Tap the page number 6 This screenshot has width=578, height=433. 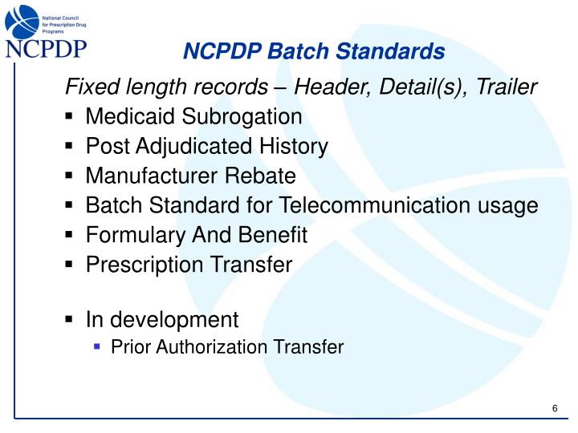pyautogui.click(x=555, y=409)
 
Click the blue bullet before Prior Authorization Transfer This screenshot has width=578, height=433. pyautogui.click(x=98, y=347)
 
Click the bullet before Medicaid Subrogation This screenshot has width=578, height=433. pyautogui.click(x=71, y=118)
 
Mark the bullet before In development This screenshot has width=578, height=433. pyautogui.click(x=71, y=321)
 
